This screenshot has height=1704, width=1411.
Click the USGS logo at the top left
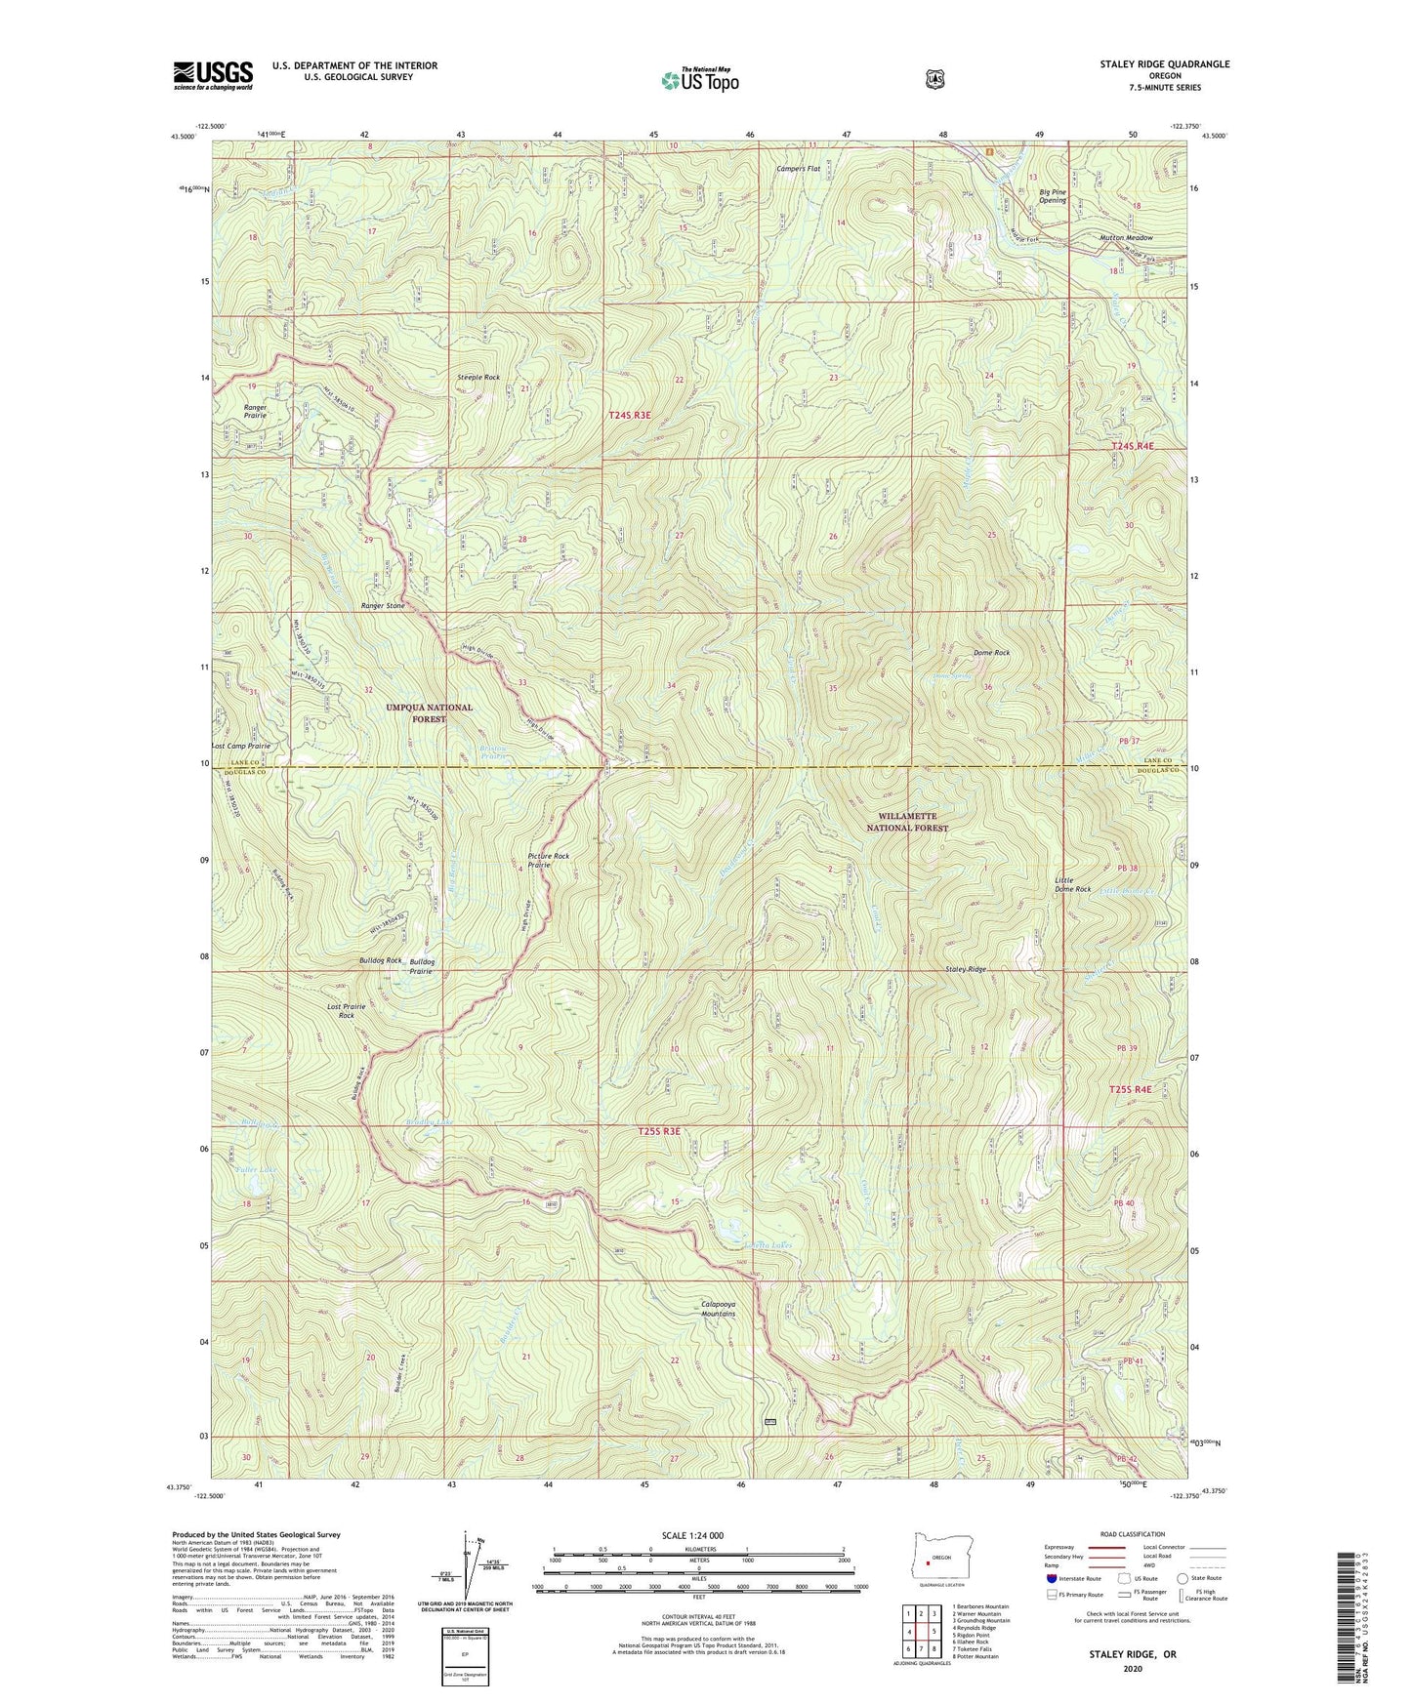213,75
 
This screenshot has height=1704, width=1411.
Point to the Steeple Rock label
478,377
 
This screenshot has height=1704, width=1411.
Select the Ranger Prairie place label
255,411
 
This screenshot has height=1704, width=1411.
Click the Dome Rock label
991,652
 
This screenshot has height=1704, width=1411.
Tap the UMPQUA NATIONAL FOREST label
429,712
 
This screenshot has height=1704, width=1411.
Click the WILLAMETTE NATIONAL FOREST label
908,822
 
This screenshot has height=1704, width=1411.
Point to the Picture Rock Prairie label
548,860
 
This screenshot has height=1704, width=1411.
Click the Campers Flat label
799,169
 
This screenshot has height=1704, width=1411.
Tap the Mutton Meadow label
1125,238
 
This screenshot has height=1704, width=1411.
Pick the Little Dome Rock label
1072,885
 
